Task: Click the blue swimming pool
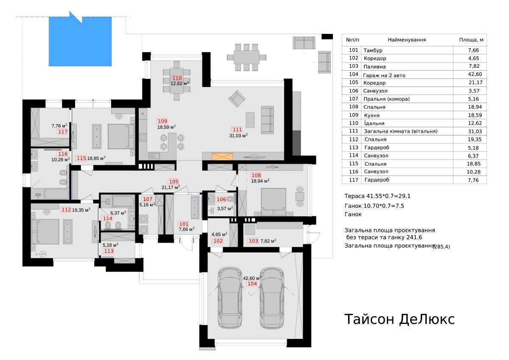click(x=80, y=41)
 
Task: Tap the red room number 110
click(x=177, y=78)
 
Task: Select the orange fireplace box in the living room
click(x=222, y=156)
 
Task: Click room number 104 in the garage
click(x=252, y=284)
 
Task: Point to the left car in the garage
click(x=230, y=298)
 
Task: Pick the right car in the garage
click(x=272, y=298)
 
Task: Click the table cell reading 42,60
click(x=475, y=74)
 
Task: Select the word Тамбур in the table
click(x=373, y=50)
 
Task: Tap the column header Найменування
click(x=407, y=40)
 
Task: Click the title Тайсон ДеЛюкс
click(x=400, y=319)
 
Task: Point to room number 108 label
click(x=256, y=175)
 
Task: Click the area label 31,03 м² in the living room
click(x=238, y=136)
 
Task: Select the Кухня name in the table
click(x=372, y=115)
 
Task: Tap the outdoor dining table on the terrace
click(x=246, y=57)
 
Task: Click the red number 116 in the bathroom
click(x=63, y=154)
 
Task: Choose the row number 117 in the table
click(x=354, y=180)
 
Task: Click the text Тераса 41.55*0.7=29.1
click(x=378, y=196)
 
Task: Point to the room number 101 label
click(x=184, y=224)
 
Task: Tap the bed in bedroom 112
click(x=45, y=232)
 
